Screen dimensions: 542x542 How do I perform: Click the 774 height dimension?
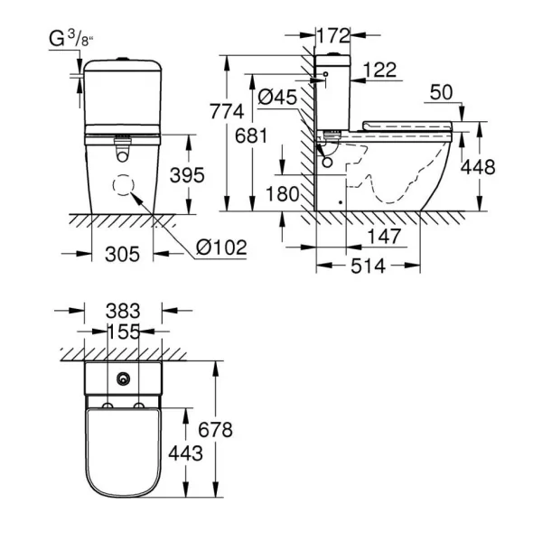(x=227, y=111)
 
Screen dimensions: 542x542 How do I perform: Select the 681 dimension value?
(x=251, y=135)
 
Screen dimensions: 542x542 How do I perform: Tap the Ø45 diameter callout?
(x=277, y=97)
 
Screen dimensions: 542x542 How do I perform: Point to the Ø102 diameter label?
(x=221, y=248)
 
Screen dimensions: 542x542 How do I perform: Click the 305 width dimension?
(x=122, y=254)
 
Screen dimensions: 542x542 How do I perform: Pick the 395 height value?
(x=187, y=175)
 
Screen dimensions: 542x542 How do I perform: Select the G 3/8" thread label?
(x=71, y=39)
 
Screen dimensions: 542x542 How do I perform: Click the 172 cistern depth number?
(x=333, y=35)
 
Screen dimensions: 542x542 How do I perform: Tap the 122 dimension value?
(x=380, y=70)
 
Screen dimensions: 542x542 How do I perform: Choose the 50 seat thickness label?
(x=441, y=92)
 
